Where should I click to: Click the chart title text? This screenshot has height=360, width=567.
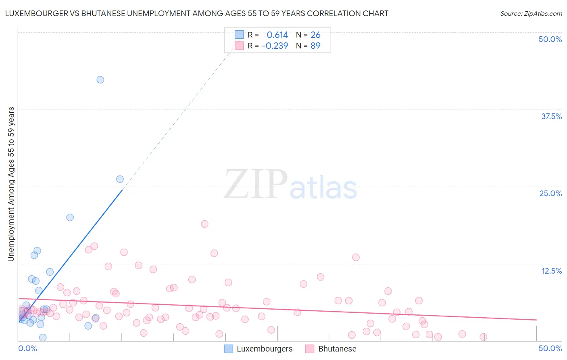tap(197, 13)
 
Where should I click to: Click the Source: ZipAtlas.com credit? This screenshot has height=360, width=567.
tap(531, 13)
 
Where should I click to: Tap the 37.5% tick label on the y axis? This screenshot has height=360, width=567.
tap(551, 116)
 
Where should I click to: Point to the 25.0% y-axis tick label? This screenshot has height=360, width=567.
tap(550, 193)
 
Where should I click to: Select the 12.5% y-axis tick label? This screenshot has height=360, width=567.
tap(551, 271)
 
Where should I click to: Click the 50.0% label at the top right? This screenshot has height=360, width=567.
tap(550, 39)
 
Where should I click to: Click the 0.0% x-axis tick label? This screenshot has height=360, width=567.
tap(28, 348)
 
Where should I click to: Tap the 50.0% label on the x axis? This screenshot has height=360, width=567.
tap(550, 348)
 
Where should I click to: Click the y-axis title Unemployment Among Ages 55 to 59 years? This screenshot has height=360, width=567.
tap(11, 184)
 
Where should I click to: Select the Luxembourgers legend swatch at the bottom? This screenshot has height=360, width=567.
tap(229, 349)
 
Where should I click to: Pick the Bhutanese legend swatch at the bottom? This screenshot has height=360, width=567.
tap(310, 349)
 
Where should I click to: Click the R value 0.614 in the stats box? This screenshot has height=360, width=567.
tap(277, 35)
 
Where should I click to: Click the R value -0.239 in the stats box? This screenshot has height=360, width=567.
tap(275, 46)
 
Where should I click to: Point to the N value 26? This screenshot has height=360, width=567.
tap(315, 35)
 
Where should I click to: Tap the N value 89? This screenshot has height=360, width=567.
tap(315, 46)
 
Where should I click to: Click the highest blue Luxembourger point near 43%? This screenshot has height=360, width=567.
tap(100, 80)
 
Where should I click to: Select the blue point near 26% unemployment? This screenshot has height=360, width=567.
tap(120, 179)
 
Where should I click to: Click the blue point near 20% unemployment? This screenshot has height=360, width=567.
tap(70, 217)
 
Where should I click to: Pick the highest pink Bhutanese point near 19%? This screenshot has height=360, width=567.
tap(204, 224)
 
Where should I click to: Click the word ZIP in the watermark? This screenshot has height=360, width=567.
tap(256, 185)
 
